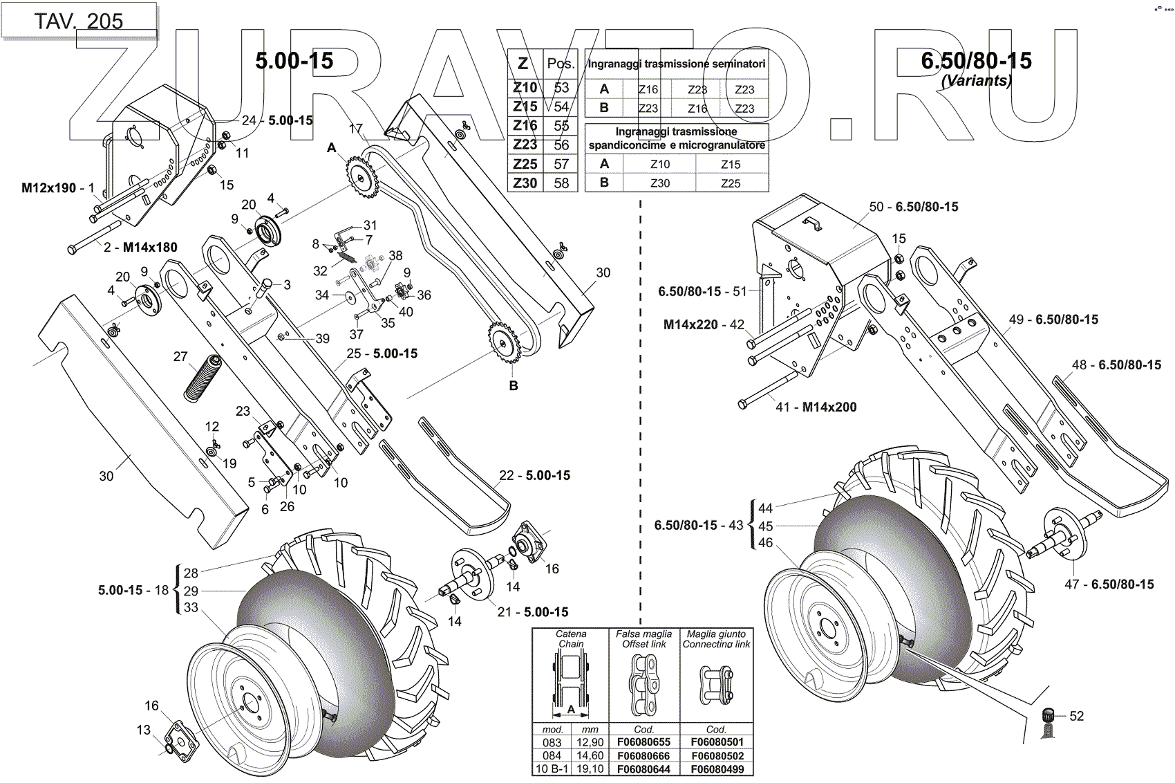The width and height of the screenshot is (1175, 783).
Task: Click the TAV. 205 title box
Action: click(78, 21)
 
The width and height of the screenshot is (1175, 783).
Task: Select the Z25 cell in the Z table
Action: click(525, 164)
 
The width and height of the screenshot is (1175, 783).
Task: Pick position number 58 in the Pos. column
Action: click(561, 183)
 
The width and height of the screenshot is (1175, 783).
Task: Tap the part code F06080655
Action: click(643, 742)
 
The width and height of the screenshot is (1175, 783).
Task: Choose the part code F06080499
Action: click(717, 769)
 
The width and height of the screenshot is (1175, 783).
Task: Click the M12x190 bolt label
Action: click(49, 187)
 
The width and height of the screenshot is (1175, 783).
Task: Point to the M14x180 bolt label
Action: click(150, 247)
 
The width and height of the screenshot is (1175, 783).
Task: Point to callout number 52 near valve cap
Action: click(1076, 716)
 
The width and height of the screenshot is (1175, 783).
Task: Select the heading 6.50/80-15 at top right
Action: click(976, 61)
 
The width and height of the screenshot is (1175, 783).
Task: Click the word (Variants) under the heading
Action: click(976, 80)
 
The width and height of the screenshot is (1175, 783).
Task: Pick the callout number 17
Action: click(355, 129)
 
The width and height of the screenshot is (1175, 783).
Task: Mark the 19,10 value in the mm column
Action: click(590, 769)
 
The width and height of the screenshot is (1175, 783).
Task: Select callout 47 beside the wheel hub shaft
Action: click(1071, 584)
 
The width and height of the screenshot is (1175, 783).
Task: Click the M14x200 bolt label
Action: click(829, 407)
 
